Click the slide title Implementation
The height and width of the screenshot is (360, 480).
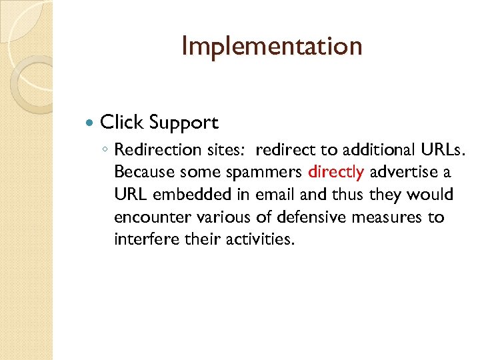coord(271,47)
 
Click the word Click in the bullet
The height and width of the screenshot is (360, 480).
coord(121,123)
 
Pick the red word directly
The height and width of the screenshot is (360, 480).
coord(336,173)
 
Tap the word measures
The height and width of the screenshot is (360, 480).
coord(391,217)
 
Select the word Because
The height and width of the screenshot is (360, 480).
coord(141,173)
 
